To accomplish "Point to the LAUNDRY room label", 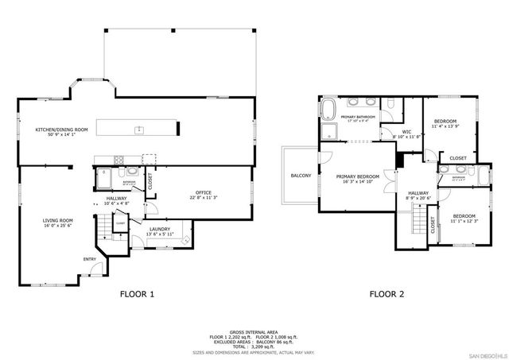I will tap(159, 231).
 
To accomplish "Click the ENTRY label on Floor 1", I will tap(90, 259).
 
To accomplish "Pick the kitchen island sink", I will tap(138, 128).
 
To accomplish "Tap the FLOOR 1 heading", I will tap(136, 294).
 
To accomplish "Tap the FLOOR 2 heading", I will tap(387, 294).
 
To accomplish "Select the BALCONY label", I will tap(301, 176).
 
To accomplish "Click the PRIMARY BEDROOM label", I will tap(357, 178).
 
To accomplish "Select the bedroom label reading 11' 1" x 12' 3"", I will tap(464, 219).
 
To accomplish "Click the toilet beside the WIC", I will tap(393, 106).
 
